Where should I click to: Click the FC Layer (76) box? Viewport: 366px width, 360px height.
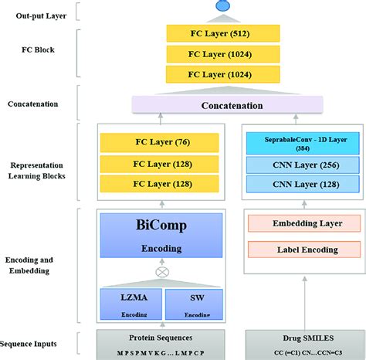click(x=160, y=142)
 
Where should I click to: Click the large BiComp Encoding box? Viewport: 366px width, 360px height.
click(x=161, y=235)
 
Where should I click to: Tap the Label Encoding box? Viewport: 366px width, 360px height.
click(x=294, y=250)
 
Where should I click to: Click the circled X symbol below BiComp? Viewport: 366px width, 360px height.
click(x=161, y=273)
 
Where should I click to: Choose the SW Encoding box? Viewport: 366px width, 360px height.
click(x=194, y=304)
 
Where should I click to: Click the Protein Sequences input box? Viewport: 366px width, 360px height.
click(x=161, y=342)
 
